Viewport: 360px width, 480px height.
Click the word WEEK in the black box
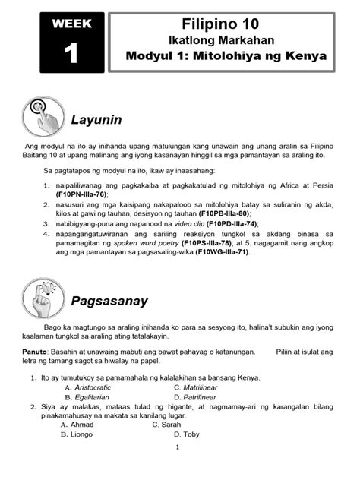point(72,24)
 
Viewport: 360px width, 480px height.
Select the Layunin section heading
point(96,120)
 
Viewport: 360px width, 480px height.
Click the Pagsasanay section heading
point(109,302)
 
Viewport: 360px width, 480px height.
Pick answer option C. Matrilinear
point(201,387)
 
